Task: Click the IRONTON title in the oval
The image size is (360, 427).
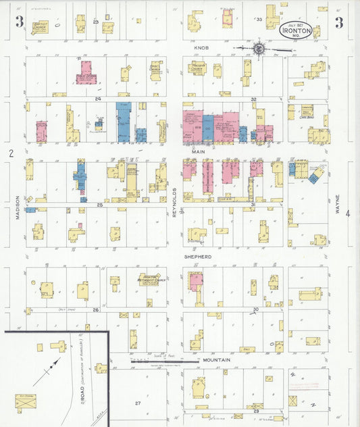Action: (296, 31)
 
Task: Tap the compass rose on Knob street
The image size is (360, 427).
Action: (258, 48)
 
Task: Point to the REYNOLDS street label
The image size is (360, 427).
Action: (174, 201)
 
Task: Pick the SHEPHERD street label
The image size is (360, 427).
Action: (199, 257)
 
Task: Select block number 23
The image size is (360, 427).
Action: (96, 22)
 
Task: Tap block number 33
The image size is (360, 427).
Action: (258, 20)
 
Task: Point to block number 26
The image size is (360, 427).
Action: (96, 310)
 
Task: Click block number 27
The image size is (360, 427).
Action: (137, 403)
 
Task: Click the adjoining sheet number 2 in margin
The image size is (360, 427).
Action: (11, 154)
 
